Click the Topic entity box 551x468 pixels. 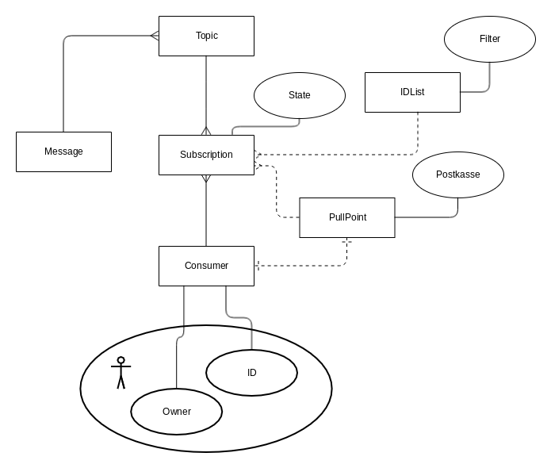tap(206, 36)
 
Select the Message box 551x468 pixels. tap(63, 152)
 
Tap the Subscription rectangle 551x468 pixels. tap(206, 155)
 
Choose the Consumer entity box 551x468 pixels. tap(206, 266)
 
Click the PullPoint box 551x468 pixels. tap(347, 217)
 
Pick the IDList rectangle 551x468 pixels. tap(412, 92)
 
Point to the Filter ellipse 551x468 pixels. tap(490, 38)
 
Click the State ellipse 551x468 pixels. tap(300, 95)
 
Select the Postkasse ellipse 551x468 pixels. tap(458, 175)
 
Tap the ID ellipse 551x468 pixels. tap(251, 373)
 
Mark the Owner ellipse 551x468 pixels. tap(176, 411)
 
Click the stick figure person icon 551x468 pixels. tap(121, 372)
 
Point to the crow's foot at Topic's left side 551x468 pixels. tap(155, 36)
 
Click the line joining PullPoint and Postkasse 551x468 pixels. tap(428, 217)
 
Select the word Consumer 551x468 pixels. tap(206, 266)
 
